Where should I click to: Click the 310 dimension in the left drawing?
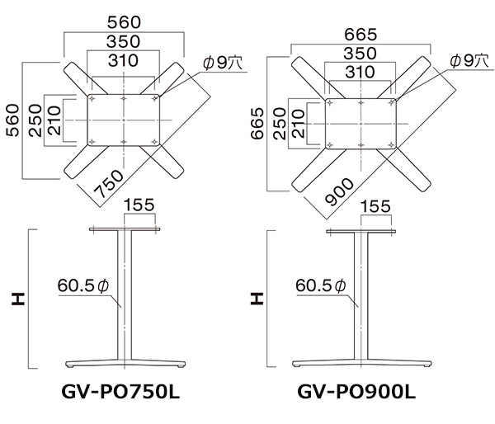[x=122, y=60]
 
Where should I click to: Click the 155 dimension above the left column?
[x=139, y=205]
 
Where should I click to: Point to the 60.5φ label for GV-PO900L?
[x=318, y=285]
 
